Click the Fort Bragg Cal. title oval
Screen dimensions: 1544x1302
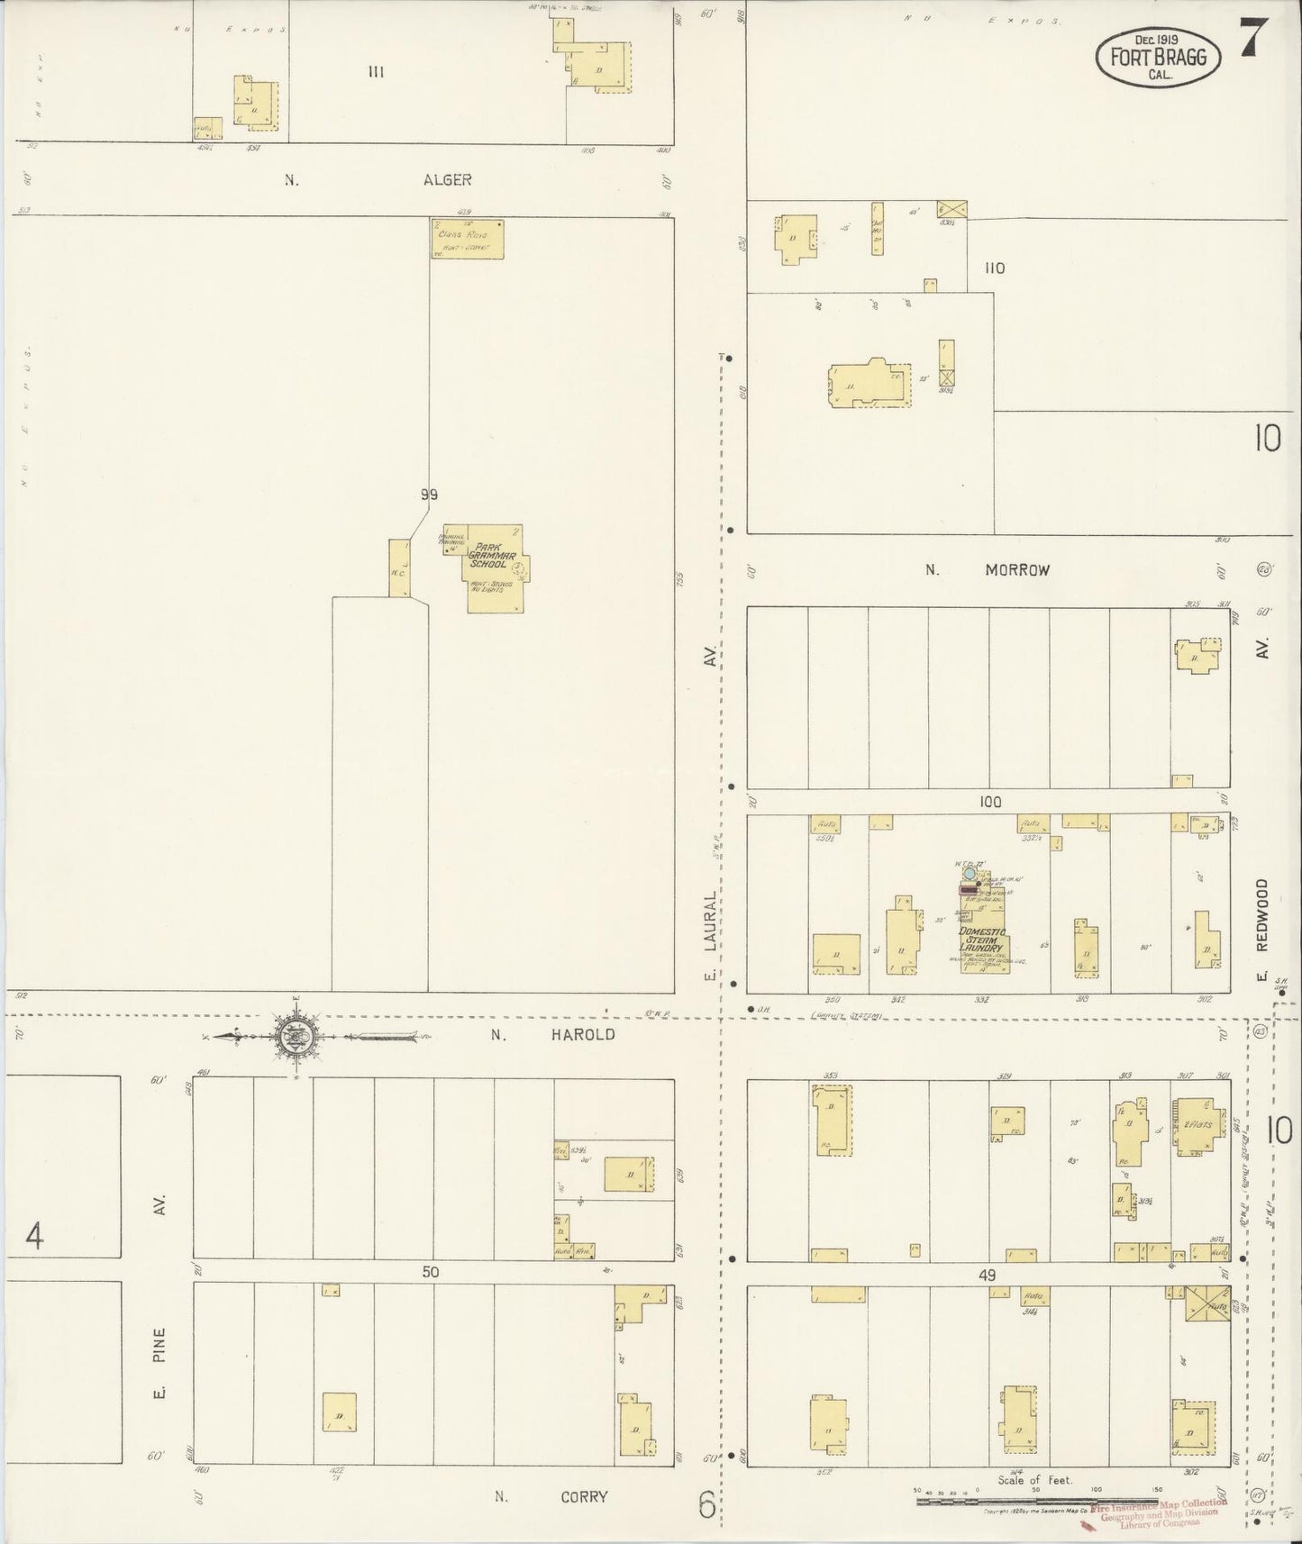tap(1158, 58)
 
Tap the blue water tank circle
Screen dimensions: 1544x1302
tap(969, 873)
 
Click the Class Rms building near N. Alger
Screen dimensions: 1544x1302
tap(466, 240)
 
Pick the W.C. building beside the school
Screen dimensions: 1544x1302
tap(398, 568)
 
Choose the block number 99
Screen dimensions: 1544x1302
tap(429, 495)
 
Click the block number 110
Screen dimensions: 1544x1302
tap(994, 268)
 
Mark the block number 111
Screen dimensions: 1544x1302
tap(376, 72)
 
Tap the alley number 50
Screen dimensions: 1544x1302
tap(432, 1272)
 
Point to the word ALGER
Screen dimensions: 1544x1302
tap(448, 180)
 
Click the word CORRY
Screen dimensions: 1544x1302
tap(585, 1496)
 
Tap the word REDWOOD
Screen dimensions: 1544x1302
tap(1261, 914)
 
